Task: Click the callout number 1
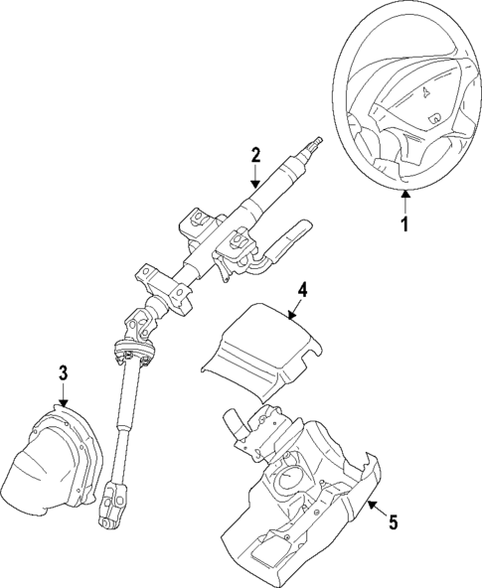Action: click(x=405, y=225)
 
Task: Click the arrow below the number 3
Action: click(x=63, y=395)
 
